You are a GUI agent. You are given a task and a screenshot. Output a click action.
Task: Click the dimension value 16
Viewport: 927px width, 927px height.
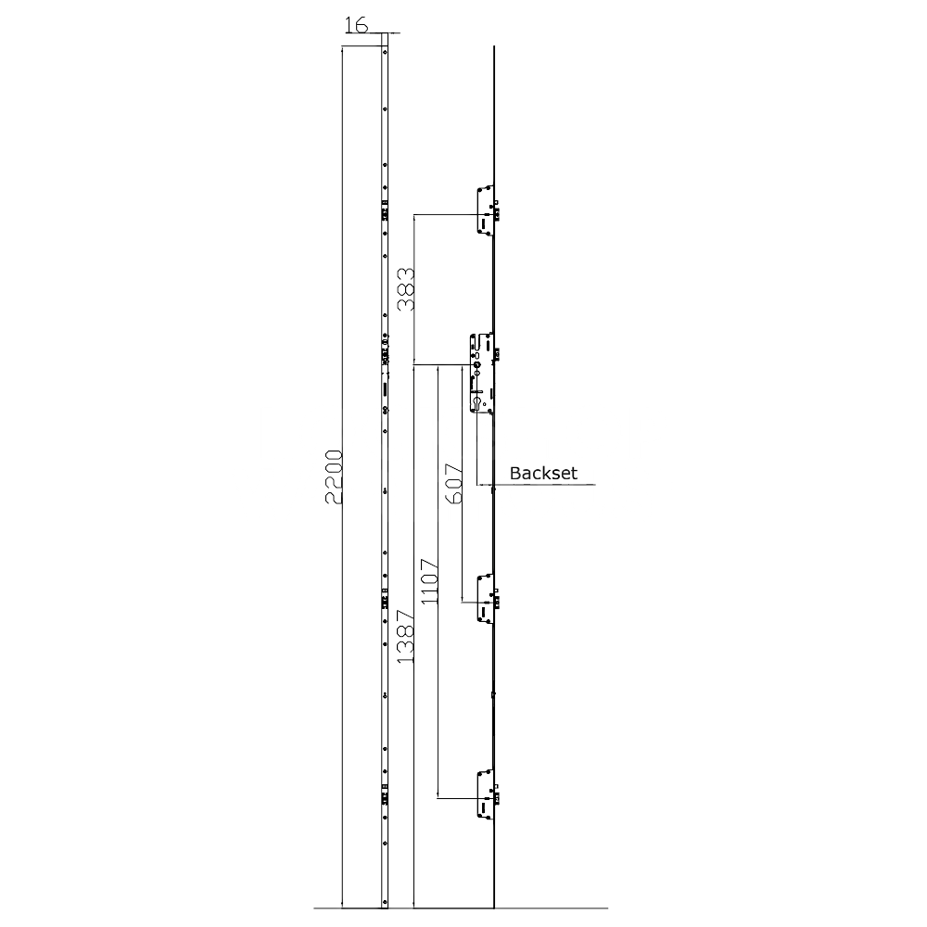[355, 25]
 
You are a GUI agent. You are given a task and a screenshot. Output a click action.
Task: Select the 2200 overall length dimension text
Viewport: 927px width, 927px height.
[335, 477]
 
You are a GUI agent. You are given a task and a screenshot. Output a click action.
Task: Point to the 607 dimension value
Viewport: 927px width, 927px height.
[453, 484]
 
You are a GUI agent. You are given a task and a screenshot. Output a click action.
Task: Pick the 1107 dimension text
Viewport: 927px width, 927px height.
[429, 581]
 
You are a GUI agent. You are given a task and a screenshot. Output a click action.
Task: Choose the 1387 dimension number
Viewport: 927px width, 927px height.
[405, 636]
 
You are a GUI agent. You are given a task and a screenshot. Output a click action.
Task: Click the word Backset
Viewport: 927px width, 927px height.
[543, 474]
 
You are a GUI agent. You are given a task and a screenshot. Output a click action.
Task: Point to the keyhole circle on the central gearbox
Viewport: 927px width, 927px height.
[476, 366]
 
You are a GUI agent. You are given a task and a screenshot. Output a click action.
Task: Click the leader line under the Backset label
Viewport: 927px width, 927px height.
[547, 485]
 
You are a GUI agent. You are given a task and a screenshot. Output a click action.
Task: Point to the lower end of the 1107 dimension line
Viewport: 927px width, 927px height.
[437, 796]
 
